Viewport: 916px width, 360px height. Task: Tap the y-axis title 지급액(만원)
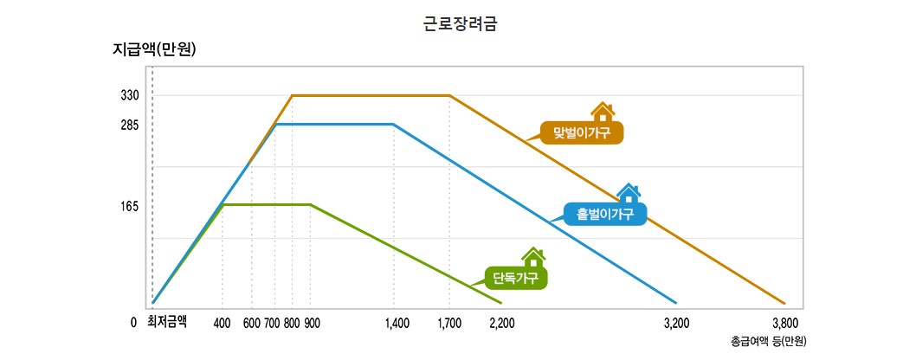154,48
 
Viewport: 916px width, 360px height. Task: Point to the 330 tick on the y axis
130,95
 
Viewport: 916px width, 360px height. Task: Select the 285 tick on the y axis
130,125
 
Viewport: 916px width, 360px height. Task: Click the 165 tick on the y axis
130,207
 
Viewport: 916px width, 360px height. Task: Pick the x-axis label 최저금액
167,322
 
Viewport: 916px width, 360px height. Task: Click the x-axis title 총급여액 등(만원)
769,341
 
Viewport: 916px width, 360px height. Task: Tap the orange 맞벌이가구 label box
581,133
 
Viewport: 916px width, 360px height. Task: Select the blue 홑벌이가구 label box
605,214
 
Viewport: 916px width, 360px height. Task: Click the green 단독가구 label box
515,278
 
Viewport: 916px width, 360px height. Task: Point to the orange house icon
603,112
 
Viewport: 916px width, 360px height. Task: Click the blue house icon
629,193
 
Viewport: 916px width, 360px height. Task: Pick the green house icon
533,257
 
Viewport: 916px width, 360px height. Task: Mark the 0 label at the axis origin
133,323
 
